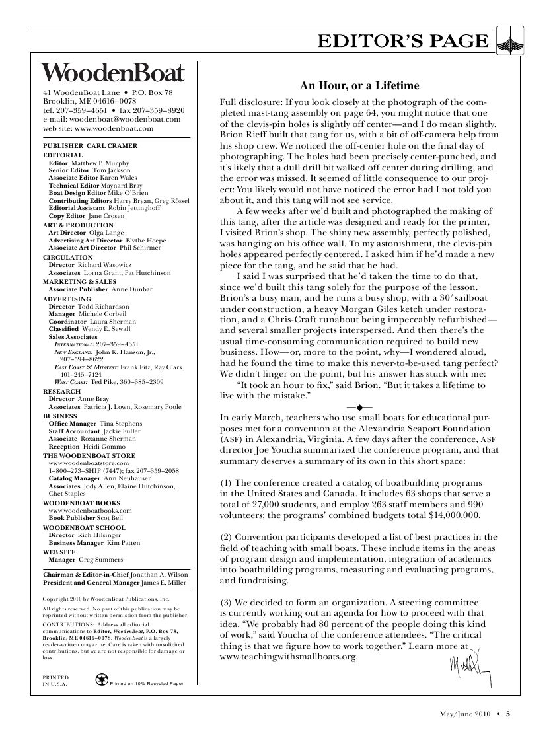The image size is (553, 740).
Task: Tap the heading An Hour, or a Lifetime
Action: point(359,85)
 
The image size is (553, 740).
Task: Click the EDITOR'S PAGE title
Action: point(403,42)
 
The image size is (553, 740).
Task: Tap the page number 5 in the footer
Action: point(508,713)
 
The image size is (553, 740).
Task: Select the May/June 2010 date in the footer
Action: point(464,713)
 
